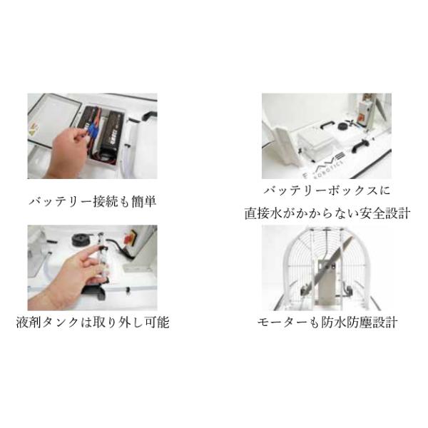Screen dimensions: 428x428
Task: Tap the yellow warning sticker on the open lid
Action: coord(34,130)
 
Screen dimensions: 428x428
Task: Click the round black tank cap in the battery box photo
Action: coord(342,126)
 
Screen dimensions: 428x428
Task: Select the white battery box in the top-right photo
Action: coord(315,142)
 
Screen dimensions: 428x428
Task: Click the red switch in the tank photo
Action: coord(128,238)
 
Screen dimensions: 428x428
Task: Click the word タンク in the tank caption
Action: coord(60,322)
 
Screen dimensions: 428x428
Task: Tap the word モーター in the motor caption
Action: coord(282,322)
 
